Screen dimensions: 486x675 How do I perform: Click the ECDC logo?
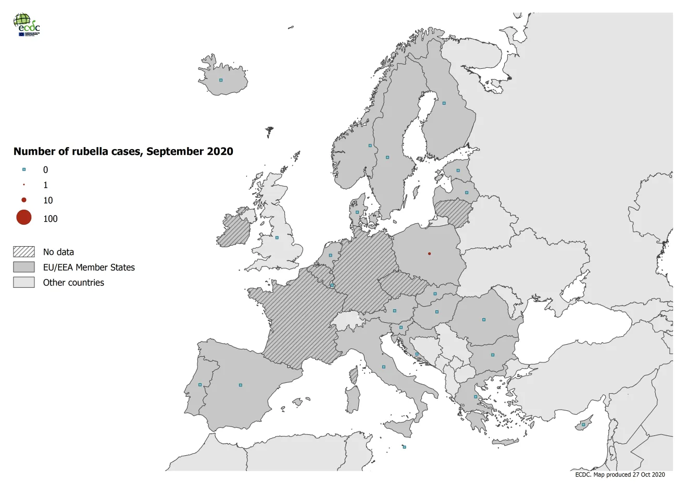tap(26, 25)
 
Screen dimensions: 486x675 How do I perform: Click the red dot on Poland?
tap(429, 254)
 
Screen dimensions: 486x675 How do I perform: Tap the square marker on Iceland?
tap(221, 80)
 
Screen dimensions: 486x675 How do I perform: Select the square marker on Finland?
tap(444, 103)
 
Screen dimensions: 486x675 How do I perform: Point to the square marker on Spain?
tap(240, 385)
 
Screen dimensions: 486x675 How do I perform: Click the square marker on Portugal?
tap(200, 385)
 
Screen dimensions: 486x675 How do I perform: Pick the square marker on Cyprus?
tap(583, 424)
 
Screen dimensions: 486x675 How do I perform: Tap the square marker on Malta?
tap(404, 447)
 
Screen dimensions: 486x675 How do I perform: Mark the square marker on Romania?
tap(484, 320)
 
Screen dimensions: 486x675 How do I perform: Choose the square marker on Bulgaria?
tap(493, 355)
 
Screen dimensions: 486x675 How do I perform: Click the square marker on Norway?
tap(370, 145)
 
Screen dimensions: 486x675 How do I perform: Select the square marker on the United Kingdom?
tap(277, 238)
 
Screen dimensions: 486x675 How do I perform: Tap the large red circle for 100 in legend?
tap(24, 217)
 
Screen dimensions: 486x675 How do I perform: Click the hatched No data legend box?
tap(24, 252)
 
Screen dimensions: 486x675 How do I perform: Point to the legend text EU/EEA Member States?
tap(89, 268)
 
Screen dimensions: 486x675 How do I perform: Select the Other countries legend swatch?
tap(24, 283)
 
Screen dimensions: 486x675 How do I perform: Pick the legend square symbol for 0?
tap(24, 169)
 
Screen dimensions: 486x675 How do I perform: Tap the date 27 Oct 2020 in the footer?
tap(648, 475)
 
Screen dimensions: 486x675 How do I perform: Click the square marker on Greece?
tap(476, 397)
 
